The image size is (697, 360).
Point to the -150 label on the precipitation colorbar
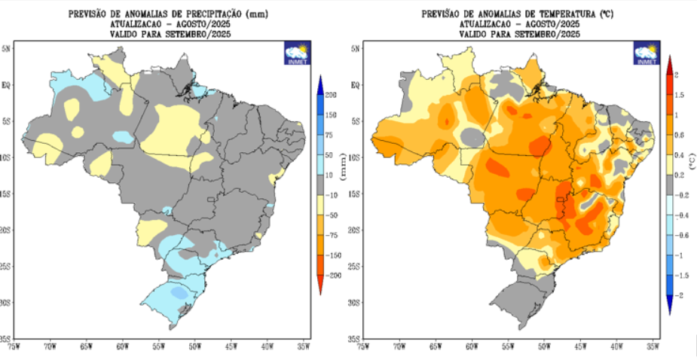332,255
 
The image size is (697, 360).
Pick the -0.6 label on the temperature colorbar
682,235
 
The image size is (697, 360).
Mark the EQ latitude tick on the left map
6,85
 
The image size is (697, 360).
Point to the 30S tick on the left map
6,302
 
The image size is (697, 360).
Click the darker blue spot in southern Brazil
179,291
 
